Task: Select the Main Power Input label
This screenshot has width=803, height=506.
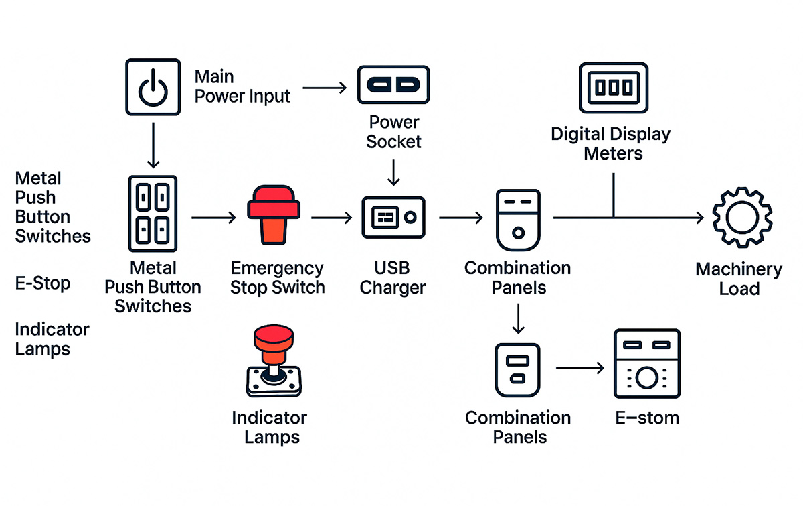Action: coord(242,86)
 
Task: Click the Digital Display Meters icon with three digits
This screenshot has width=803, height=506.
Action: coord(614,87)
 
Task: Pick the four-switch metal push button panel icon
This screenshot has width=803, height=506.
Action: coord(152,213)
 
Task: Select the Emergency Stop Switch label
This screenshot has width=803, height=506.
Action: coord(277,278)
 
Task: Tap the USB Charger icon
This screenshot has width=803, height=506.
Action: coord(393,217)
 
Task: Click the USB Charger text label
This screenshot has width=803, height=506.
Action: coord(393,278)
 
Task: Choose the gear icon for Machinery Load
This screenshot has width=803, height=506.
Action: coord(741,218)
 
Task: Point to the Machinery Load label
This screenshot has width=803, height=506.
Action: coord(739,279)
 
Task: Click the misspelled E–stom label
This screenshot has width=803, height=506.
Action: coord(646,418)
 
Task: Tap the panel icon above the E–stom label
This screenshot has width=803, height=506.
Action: coord(646,364)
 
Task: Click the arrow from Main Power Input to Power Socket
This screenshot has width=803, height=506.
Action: coord(324,87)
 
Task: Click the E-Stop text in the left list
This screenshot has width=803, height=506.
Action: coord(43,283)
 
